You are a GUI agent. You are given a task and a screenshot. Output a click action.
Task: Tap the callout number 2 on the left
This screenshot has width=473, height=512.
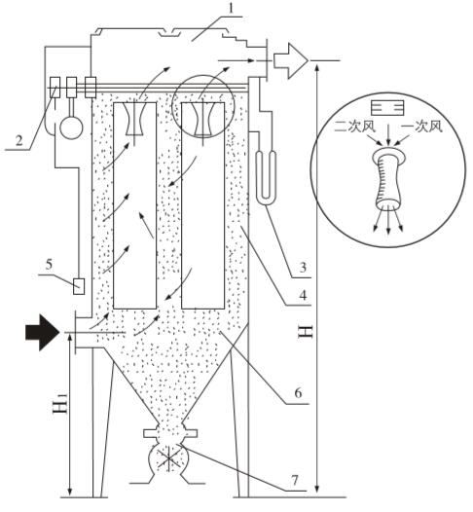18,141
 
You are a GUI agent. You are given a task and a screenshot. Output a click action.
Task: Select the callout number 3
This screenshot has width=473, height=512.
303,267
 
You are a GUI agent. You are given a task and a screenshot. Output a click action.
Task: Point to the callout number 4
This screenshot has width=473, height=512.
303,296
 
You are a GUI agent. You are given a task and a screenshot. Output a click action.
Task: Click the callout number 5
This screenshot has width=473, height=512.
49,265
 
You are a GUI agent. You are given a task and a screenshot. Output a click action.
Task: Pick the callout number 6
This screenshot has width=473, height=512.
298,393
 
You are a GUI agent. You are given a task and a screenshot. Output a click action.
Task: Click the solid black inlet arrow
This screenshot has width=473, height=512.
42,332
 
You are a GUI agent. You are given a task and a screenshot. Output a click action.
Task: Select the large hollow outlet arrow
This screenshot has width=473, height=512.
291,60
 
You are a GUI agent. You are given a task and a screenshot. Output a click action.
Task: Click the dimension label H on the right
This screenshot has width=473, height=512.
307,332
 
